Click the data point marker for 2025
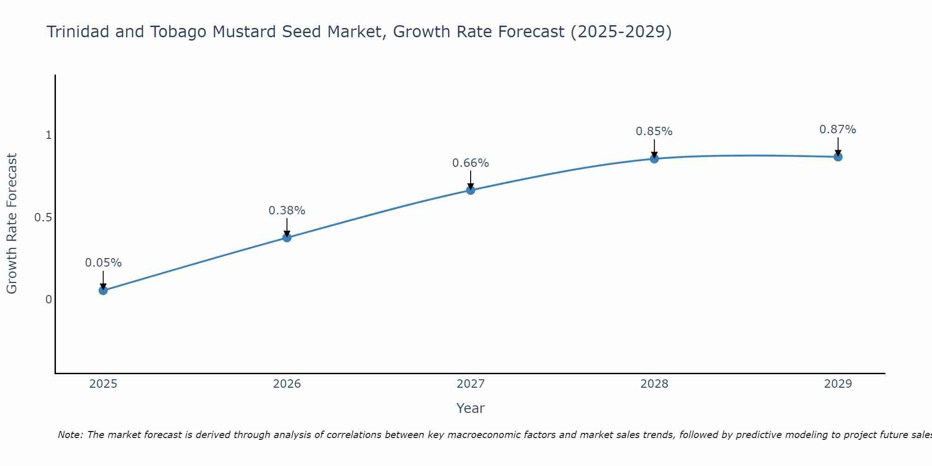click(x=103, y=290)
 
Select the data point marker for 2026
click(x=287, y=238)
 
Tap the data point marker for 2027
click(x=470, y=190)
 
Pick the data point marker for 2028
click(x=654, y=159)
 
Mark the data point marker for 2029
click(x=838, y=157)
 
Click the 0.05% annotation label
click(x=103, y=263)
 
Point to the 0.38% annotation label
click(x=287, y=211)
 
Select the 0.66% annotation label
click(x=470, y=163)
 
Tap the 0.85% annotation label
click(x=654, y=131)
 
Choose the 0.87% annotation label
click(x=838, y=130)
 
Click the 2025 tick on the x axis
click(x=103, y=384)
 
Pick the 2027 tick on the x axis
click(x=470, y=384)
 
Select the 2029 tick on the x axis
click(x=838, y=384)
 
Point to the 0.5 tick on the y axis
click(x=43, y=218)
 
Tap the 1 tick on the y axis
click(x=48, y=136)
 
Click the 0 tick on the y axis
click(x=48, y=300)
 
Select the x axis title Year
click(x=470, y=408)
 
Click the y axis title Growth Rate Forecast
click(x=12, y=224)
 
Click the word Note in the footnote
click(x=70, y=435)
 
